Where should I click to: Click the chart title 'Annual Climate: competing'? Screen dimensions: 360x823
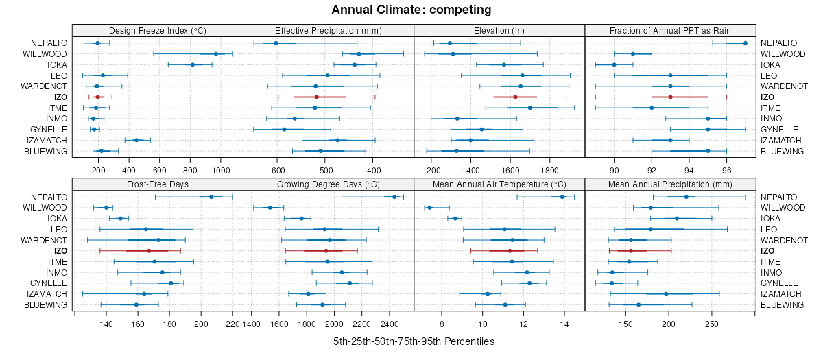pyautogui.click(x=411, y=10)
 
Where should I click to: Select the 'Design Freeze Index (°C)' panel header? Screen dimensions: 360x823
pyautogui.click(x=157, y=31)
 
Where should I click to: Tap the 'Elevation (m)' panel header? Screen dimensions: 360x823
pyautogui.click(x=499, y=31)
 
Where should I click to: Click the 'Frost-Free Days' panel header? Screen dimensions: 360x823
pyautogui.click(x=157, y=184)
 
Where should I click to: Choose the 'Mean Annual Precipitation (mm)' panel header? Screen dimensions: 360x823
pyautogui.click(x=670, y=184)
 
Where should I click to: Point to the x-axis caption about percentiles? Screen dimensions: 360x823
pyautogui.click(x=414, y=341)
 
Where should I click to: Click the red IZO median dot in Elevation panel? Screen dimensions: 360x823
pyautogui.click(x=515, y=97)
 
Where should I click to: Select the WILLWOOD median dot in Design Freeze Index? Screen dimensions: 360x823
pyautogui.click(x=216, y=53)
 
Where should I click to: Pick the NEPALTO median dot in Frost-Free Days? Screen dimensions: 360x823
pyautogui.click(x=211, y=197)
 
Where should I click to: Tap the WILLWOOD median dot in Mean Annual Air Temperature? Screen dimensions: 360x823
pyautogui.click(x=429, y=208)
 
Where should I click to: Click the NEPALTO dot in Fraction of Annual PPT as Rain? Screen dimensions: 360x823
pyautogui.click(x=746, y=43)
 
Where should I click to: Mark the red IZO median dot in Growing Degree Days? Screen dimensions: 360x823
pyautogui.click(x=326, y=251)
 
